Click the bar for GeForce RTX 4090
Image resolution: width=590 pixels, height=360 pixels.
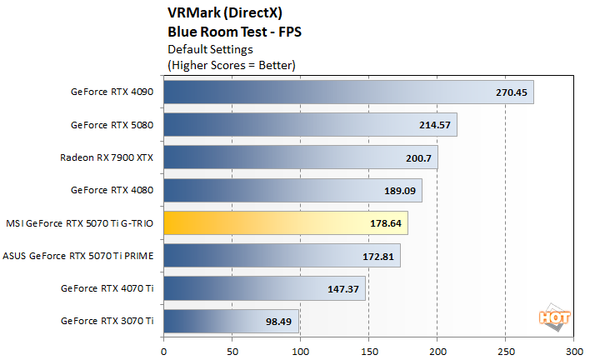pyautogui.click(x=348, y=92)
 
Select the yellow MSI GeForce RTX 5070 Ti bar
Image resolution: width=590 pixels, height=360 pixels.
pyautogui.click(x=286, y=223)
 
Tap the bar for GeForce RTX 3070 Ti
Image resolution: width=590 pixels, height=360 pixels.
pyautogui.click(x=231, y=321)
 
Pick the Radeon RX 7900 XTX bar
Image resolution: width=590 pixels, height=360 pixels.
pyautogui.click(x=300, y=157)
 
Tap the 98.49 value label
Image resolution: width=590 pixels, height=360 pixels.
pyautogui.click(x=279, y=321)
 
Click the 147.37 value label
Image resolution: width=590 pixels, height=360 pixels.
pyautogui.click(x=343, y=288)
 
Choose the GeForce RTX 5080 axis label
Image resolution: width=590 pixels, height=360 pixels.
pyautogui.click(x=112, y=125)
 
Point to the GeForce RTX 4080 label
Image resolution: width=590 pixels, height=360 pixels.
pyautogui.click(x=112, y=191)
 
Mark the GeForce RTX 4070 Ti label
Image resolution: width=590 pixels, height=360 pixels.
pyautogui.click(x=108, y=288)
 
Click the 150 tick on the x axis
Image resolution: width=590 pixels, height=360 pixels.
pyautogui.click(x=368, y=341)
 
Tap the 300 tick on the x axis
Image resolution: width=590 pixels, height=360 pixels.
pyautogui.click(x=573, y=341)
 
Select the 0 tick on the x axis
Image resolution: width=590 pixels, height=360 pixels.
pyautogui.click(x=164, y=341)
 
